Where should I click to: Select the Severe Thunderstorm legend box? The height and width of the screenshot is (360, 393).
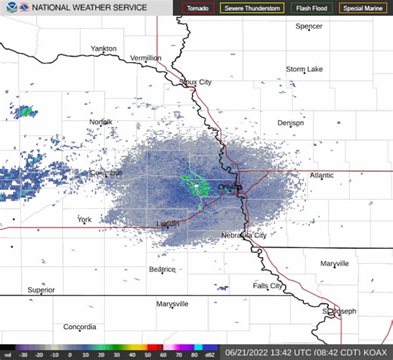tap(252, 8)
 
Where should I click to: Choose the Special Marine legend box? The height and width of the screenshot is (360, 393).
tap(362, 8)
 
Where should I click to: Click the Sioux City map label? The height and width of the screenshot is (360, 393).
tap(195, 82)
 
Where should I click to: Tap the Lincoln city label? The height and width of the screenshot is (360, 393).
tap(167, 224)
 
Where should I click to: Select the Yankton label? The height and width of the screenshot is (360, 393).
tap(104, 48)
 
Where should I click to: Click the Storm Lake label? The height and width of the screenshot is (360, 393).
tap(305, 69)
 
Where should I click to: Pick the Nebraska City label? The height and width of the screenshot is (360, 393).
tap(243, 235)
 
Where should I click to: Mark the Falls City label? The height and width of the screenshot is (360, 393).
tap(268, 286)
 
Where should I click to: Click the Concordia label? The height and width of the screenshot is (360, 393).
tap(80, 327)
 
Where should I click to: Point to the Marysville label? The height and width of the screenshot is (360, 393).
tap(172, 303)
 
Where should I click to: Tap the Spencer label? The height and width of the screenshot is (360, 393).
tap(308, 26)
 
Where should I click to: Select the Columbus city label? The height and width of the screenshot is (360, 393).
tap(106, 172)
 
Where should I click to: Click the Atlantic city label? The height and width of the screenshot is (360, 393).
tap(321, 175)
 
